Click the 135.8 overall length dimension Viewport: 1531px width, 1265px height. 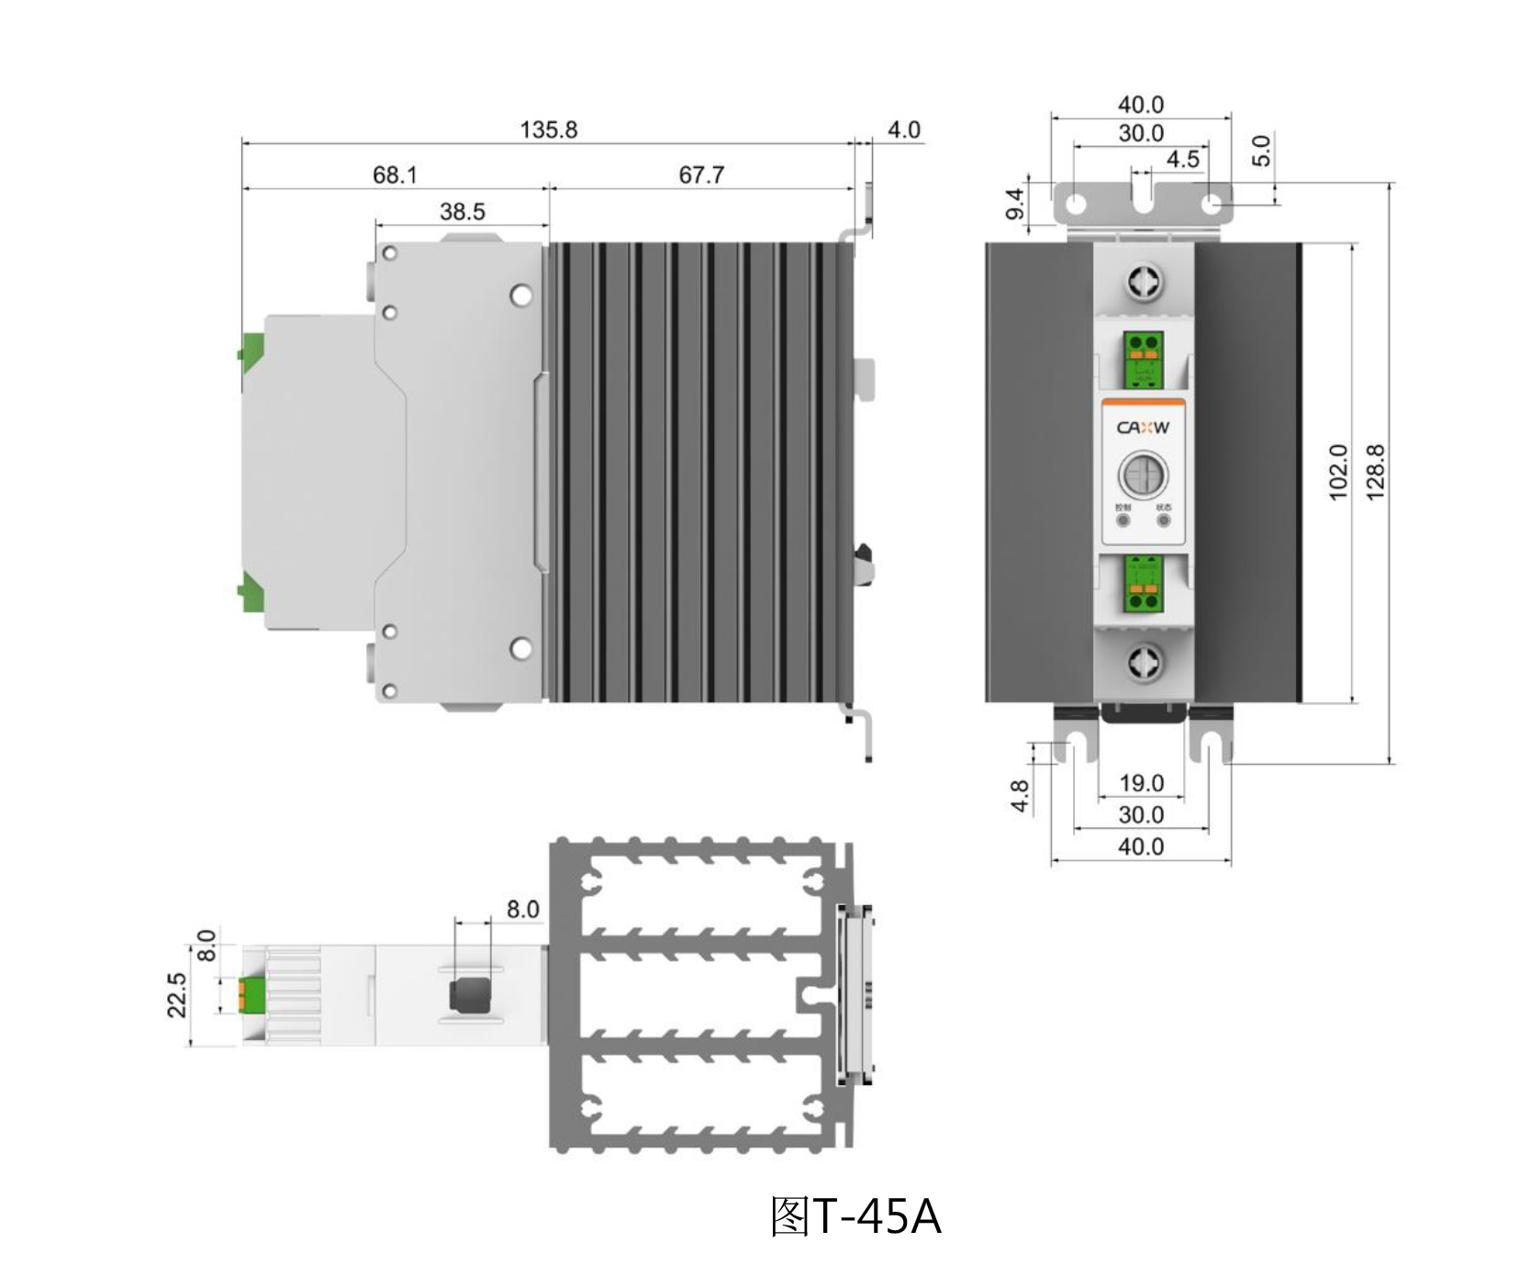coord(548,130)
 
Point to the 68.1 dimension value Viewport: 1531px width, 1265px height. coord(395,174)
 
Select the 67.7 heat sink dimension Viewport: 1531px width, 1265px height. coord(701,174)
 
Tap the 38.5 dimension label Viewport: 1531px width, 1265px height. coord(462,212)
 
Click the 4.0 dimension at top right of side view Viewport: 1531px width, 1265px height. coord(903,130)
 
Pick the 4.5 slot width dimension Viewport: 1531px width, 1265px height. coord(1182,160)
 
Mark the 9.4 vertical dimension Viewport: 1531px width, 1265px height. coord(1015,204)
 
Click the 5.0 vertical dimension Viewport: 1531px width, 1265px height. coord(1262,151)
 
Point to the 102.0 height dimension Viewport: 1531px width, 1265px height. coord(1338,472)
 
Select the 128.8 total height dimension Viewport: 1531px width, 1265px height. coord(1375,472)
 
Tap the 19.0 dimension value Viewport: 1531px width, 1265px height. coord(1141,784)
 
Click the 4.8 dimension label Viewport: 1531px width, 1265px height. coord(1020,797)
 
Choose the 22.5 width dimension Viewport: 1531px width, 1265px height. coord(177,995)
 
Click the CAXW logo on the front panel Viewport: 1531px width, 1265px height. coord(1143,427)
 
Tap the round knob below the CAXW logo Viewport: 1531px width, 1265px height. coord(1143,476)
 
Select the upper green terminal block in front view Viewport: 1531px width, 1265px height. coord(1143,359)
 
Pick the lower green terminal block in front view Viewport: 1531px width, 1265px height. coord(1143,585)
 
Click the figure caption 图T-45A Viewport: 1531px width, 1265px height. coord(855,1217)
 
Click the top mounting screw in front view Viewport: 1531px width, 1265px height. coord(1144,282)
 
